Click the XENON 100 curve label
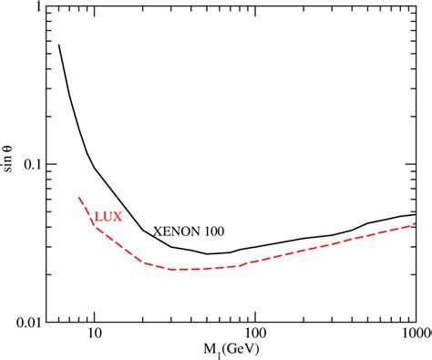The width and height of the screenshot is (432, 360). coord(189,231)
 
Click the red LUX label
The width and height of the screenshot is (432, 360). coord(108,217)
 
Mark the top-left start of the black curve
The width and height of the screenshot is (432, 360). coord(59,45)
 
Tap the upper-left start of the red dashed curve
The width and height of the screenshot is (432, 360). coord(78,197)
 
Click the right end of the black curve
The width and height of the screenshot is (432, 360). coord(417,215)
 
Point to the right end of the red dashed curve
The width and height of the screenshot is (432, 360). coord(417,224)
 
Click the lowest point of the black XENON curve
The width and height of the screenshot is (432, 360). coord(209,254)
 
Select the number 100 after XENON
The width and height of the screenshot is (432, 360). coord(213,231)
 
